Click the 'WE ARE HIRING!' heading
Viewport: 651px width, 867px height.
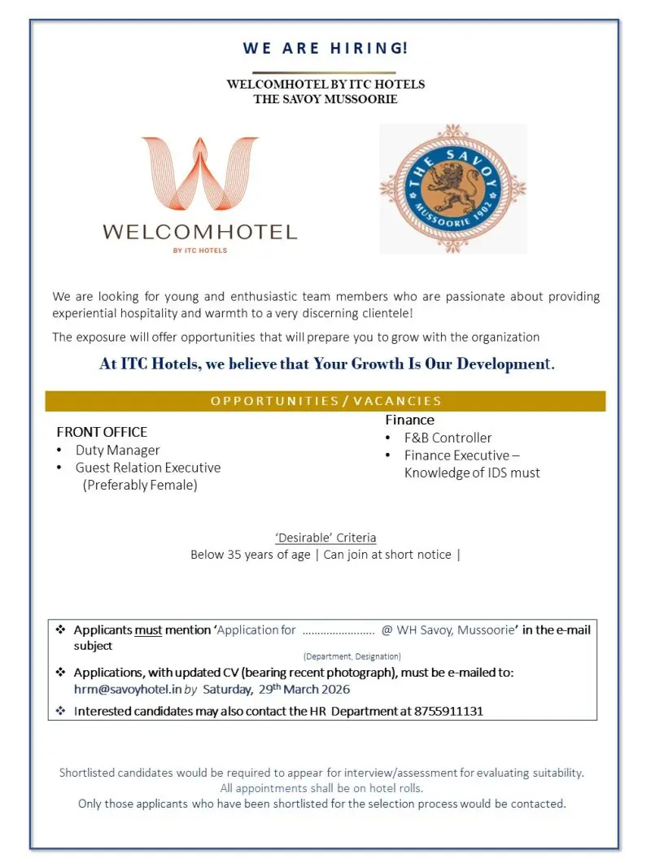(x=325, y=48)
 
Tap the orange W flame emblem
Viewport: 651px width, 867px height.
(x=199, y=176)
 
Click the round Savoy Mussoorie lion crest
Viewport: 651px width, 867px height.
(x=452, y=189)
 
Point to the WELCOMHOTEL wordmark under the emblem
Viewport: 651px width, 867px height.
(x=199, y=232)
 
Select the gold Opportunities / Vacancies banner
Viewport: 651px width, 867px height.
(x=325, y=401)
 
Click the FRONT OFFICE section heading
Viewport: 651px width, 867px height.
(x=102, y=432)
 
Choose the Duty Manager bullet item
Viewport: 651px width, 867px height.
(x=117, y=450)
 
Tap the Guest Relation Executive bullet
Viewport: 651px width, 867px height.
(x=147, y=468)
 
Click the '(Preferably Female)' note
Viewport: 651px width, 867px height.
(x=140, y=486)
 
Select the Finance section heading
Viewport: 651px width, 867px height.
(x=409, y=420)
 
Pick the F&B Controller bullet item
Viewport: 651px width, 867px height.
(x=448, y=438)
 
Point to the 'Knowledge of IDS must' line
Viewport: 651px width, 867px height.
(x=472, y=473)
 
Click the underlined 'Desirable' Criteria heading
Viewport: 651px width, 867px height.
(x=325, y=538)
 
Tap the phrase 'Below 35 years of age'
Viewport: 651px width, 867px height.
(x=251, y=555)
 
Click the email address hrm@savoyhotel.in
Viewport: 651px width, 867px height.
(x=127, y=689)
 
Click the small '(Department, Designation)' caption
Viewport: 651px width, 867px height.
(x=352, y=656)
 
